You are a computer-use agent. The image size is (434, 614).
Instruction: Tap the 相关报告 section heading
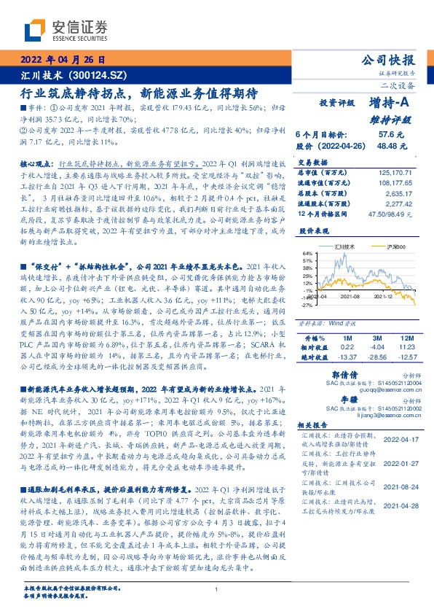coord(314,424)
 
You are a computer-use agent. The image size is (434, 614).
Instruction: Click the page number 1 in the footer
coord(217,590)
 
